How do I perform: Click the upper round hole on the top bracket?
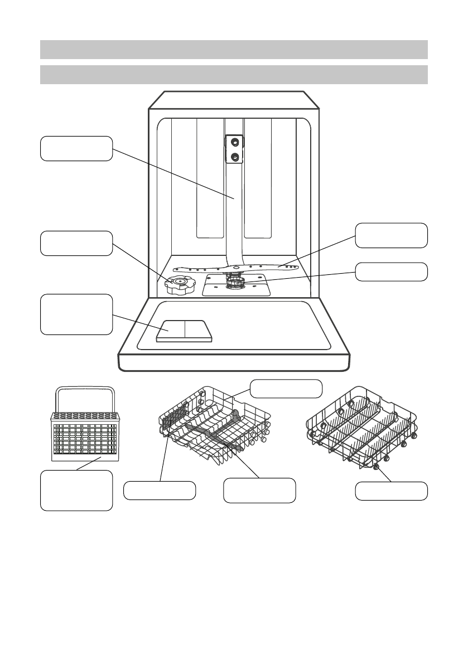point(235,143)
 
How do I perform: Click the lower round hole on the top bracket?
point(235,157)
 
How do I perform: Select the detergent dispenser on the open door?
point(184,331)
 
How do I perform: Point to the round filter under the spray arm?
point(236,284)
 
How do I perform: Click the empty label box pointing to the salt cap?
point(76,243)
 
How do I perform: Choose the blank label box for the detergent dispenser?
point(76,314)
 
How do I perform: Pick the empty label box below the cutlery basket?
point(76,490)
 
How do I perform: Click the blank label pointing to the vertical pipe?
point(76,148)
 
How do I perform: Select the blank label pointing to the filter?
point(392,272)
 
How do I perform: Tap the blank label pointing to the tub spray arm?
point(392,235)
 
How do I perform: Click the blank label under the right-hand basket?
point(392,491)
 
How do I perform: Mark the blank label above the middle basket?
point(286,389)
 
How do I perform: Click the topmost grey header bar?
point(234,49)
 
